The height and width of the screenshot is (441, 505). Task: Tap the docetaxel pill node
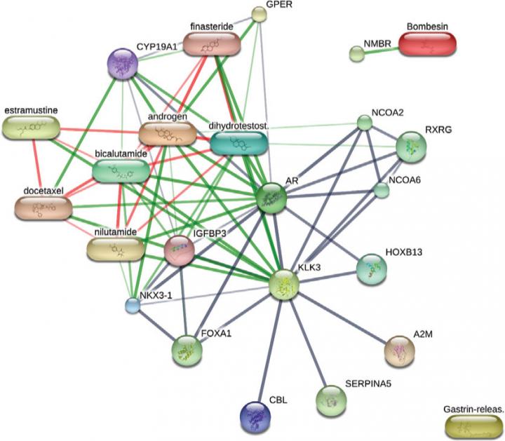pos(43,207)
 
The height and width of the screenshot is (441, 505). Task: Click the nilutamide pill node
pos(115,248)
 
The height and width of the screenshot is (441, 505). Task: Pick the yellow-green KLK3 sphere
pos(284,283)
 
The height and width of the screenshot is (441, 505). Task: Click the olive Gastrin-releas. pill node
pos(474,426)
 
